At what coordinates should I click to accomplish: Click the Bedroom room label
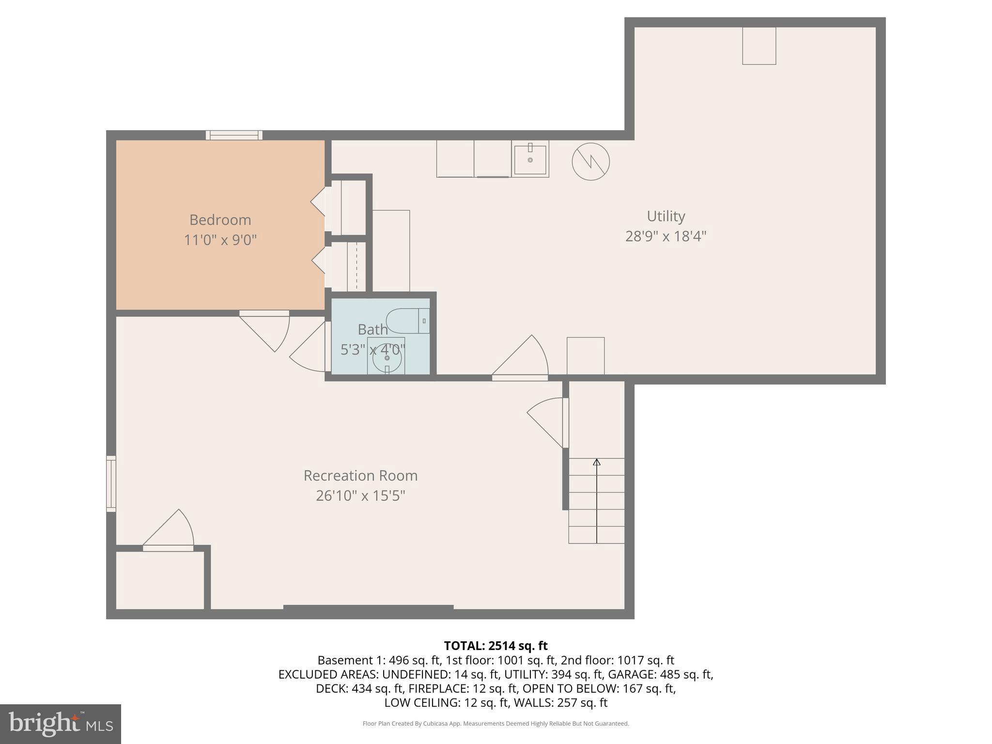220,220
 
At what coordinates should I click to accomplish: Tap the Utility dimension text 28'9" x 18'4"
666,236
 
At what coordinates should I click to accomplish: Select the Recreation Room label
360,476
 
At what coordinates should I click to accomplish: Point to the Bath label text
372,329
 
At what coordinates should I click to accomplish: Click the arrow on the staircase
597,463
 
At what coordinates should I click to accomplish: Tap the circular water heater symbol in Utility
590,162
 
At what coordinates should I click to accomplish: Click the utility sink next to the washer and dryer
530,158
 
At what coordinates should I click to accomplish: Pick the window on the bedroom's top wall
234,135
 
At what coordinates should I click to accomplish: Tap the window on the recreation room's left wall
111,483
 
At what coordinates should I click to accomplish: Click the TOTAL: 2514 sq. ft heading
496,646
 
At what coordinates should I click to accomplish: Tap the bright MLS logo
61,724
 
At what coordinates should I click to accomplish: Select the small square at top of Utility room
759,46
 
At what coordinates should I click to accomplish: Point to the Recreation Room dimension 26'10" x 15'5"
360,496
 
